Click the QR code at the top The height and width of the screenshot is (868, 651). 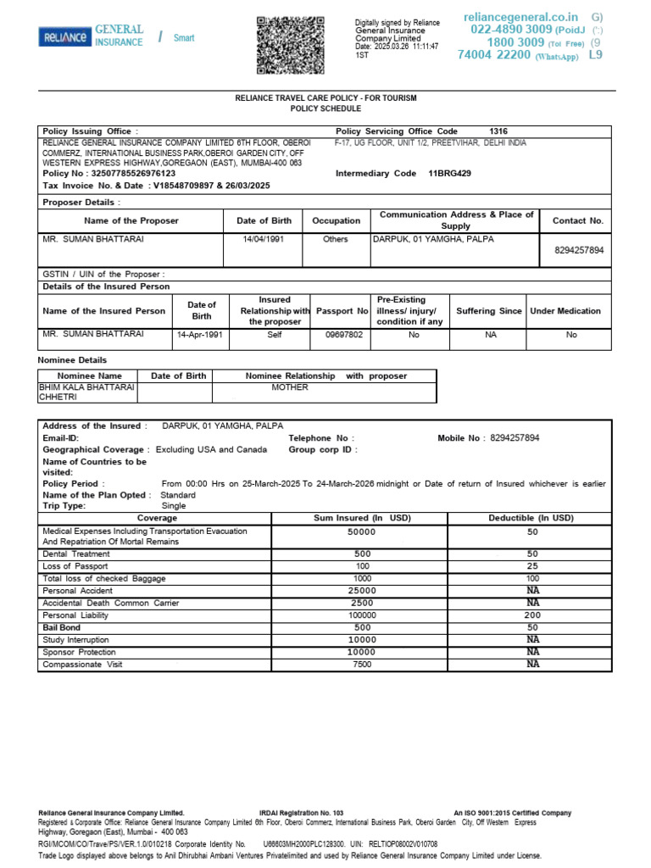point(291,44)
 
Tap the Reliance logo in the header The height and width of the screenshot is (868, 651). point(64,37)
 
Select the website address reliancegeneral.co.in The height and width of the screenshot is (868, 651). point(521,17)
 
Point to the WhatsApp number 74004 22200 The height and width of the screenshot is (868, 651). point(493,55)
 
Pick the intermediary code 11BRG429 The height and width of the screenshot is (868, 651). point(450,173)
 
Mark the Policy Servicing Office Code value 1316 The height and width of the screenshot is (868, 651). point(499,131)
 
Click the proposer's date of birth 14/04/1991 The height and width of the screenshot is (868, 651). point(264,239)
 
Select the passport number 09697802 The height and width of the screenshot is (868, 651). point(343,335)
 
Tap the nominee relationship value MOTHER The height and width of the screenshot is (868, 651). point(289,387)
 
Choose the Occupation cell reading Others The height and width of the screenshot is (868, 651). point(336,239)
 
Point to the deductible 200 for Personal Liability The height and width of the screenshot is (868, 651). point(531,615)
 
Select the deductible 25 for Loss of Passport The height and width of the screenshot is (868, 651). point(531,565)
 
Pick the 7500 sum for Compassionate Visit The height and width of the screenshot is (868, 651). point(361,665)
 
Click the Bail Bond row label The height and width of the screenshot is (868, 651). point(61,627)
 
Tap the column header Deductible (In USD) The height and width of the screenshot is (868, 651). point(531,517)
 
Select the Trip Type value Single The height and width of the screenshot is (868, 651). point(173,505)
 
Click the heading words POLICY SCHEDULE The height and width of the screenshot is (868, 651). point(325,108)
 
